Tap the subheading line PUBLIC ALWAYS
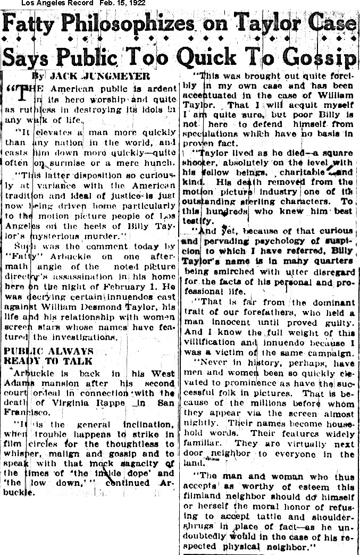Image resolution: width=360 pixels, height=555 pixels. [48, 351]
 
